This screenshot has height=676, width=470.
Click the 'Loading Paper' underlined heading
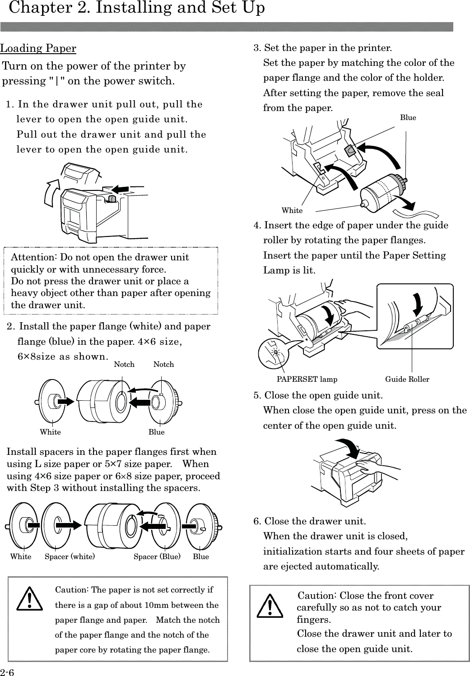click(x=38, y=49)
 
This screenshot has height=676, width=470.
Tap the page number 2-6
click(x=7, y=672)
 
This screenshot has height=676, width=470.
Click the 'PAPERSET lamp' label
click(x=307, y=379)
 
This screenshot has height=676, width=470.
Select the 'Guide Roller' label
click(x=407, y=379)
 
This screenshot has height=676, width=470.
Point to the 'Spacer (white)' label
click(x=70, y=556)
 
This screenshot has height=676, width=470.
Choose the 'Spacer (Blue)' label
click(x=157, y=556)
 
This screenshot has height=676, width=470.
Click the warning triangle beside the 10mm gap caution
click(x=29, y=598)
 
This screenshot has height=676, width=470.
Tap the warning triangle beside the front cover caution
click(x=270, y=606)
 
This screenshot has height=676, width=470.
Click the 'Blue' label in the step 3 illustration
click(x=408, y=118)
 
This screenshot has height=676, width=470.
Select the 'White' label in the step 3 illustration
click(x=292, y=210)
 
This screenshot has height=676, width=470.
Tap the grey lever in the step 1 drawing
click(x=112, y=199)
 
